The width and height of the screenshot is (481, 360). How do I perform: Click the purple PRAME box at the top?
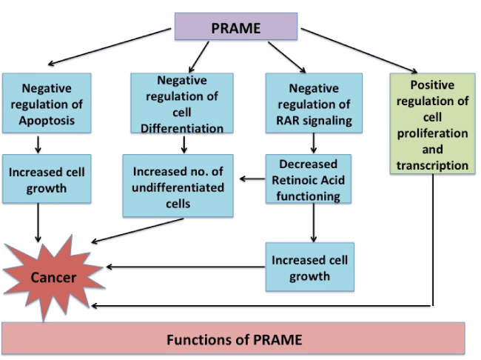(235, 27)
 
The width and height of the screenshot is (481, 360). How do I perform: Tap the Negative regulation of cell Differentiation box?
(177, 104)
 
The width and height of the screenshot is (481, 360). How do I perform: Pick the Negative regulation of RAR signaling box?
(309, 104)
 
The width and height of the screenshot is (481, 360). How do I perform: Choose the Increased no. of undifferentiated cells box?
(177, 185)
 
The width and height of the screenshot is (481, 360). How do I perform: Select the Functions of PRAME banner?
(234, 340)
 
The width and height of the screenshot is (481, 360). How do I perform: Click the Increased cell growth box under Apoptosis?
(47, 179)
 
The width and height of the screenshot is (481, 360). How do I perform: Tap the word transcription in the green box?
(433, 165)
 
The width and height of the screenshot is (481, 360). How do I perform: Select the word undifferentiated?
(178, 187)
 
